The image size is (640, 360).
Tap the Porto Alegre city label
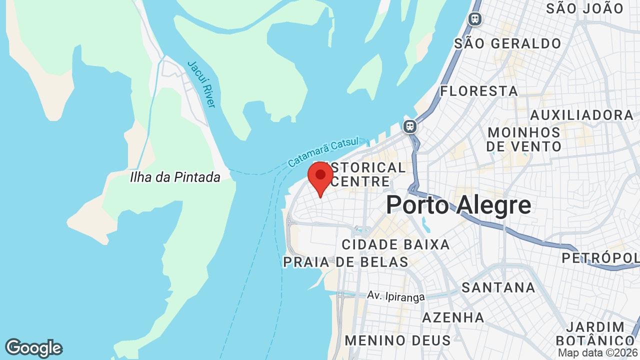pos(458,205)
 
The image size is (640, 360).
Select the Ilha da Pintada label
pos(175,177)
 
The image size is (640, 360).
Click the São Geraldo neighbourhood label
pos(507,44)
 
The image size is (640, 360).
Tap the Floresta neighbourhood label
pos(478,91)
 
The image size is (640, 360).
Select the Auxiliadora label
pos(581,115)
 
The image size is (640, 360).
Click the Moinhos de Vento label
pos(524,139)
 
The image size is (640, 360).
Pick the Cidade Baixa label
pos(395,245)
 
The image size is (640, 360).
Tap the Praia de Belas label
pos(345,262)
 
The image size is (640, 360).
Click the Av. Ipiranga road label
pos(395,296)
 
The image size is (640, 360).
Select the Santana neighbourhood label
pos(498,287)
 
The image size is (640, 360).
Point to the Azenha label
pos(453,317)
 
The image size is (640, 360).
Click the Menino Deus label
pos(397,340)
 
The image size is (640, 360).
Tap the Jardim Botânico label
pos(595,333)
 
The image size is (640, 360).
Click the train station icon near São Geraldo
pos(474,19)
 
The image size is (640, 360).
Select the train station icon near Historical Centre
pos(410,126)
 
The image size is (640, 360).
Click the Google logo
pos(33,348)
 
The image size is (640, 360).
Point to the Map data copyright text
pos(598,353)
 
